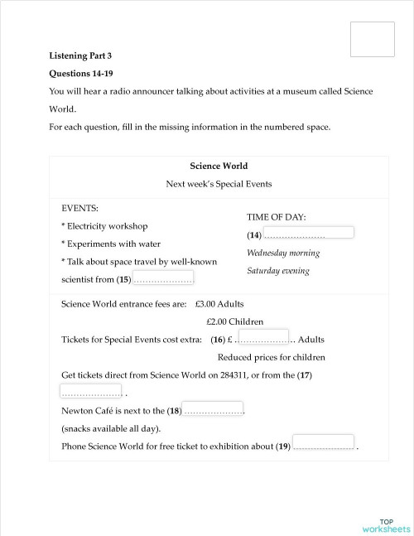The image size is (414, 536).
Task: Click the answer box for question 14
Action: tap(308, 233)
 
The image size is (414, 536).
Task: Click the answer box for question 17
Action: tap(91, 389)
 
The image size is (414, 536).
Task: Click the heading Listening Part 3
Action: tap(80, 56)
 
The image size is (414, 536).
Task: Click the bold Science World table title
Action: tap(219, 166)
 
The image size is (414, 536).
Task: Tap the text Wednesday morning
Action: tap(283, 253)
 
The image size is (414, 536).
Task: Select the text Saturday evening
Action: tap(278, 271)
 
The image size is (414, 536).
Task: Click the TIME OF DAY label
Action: tap(277, 217)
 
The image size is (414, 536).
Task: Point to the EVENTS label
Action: tap(80, 208)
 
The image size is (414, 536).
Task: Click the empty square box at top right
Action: tap(372, 39)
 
